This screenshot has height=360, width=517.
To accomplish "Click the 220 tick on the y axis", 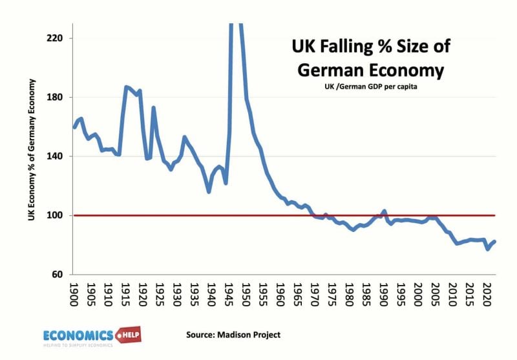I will pyautogui.click(x=54, y=38).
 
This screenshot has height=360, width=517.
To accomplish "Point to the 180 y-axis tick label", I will pyautogui.click(x=54, y=98).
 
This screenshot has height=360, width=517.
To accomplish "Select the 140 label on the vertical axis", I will pyautogui.click(x=54, y=156).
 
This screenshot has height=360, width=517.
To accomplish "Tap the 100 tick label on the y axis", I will pyautogui.click(x=54, y=215).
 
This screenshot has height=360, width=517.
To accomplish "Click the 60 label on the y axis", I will pyautogui.click(x=56, y=275).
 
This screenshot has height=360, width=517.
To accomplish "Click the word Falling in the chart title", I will pyautogui.click(x=357, y=47).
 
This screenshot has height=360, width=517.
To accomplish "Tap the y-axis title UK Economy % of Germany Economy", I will pyautogui.click(x=31, y=150).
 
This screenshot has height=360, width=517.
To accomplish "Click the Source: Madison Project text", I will pyautogui.click(x=233, y=334).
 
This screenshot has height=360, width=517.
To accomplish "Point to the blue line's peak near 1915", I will pyautogui.click(x=126, y=87).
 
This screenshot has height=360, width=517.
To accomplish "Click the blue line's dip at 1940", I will pyautogui.click(x=209, y=191).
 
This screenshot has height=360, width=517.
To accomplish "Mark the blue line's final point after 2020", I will pyautogui.click(x=494, y=242).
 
